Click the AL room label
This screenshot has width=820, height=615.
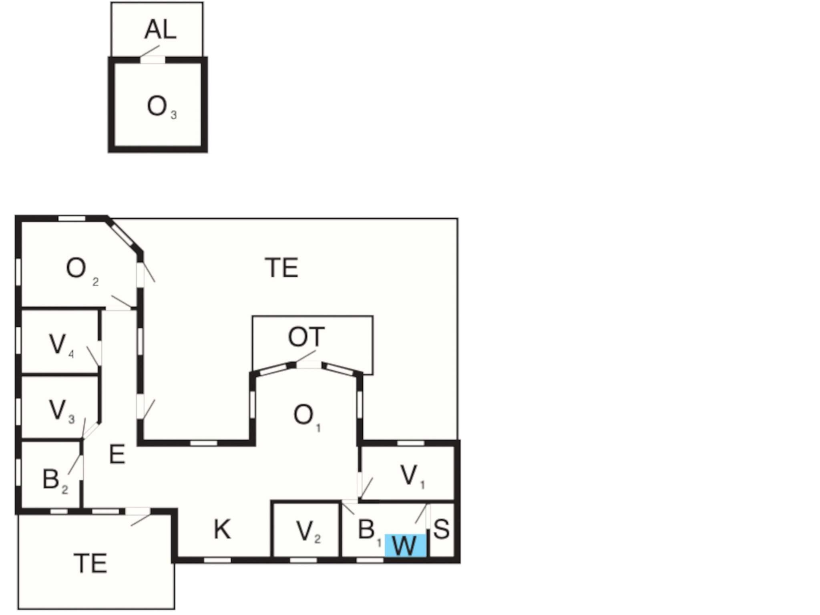coord(160,30)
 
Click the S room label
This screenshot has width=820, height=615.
coord(441,529)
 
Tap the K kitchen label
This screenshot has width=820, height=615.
coord(222,529)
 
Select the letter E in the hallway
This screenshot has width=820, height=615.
coord(117,455)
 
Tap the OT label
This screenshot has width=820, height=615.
coord(306,337)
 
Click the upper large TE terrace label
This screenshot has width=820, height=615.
coord(281,268)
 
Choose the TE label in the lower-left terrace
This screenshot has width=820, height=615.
coord(90,563)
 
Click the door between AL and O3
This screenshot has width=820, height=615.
coord(153,60)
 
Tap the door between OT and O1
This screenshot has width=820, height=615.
coord(309,365)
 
